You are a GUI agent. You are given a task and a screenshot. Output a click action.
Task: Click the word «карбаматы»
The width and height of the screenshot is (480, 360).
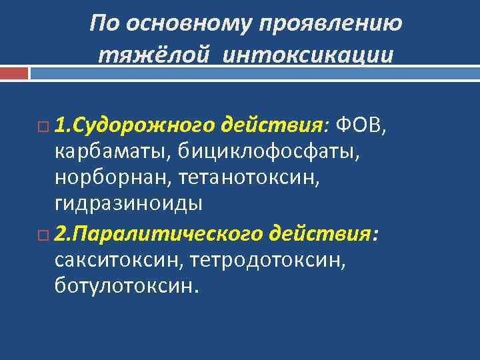[113, 153]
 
